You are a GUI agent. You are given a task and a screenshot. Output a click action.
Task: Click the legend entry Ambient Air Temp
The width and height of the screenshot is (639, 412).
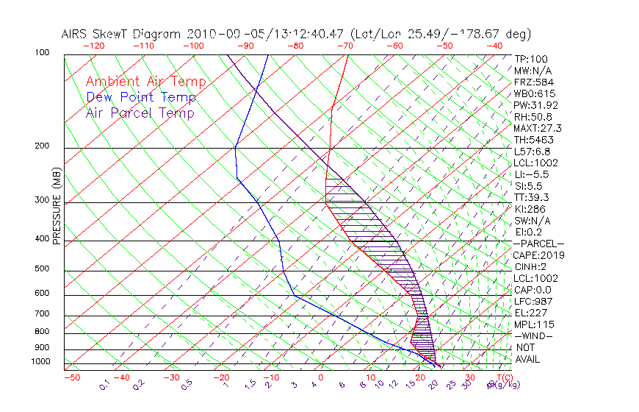tap(145, 82)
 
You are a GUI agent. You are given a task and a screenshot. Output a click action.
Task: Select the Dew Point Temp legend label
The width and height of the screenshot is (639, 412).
tap(141, 98)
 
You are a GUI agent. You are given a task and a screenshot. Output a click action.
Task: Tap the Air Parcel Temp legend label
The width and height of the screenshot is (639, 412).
tap(140, 113)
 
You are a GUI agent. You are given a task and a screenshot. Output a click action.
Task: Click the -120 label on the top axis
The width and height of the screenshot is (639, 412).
tap(93, 46)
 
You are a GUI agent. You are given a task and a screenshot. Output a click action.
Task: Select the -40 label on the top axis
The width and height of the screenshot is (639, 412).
tap(495, 46)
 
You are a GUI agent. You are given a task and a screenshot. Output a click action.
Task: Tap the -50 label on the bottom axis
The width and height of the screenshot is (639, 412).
tap(71, 378)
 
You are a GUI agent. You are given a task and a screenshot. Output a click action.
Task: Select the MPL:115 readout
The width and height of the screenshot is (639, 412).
tap(532, 324)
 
